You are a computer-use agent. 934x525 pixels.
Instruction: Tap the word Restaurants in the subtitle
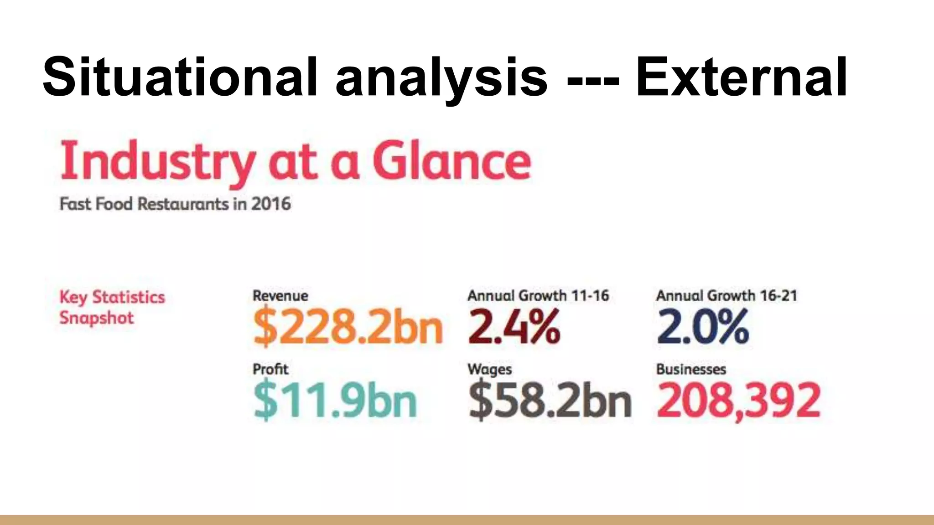point(183,204)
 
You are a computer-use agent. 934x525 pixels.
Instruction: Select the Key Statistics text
point(112,297)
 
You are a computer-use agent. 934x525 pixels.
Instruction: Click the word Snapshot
point(97,318)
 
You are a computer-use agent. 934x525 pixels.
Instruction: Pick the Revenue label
point(280,296)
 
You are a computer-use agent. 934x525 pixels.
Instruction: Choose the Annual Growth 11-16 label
point(538,296)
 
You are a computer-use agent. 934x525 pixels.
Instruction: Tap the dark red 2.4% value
point(514,326)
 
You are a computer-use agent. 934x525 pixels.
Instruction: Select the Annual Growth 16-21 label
point(726,296)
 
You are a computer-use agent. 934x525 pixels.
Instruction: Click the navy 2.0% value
point(703,326)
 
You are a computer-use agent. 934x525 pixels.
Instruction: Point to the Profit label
point(270,369)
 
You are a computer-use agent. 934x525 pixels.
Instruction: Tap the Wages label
point(489,369)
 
